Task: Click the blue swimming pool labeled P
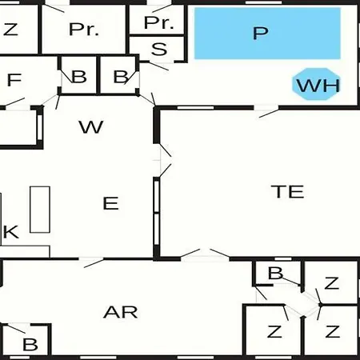(267, 34)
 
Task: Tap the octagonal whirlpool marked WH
(316, 84)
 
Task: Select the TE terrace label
(287, 191)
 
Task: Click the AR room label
(121, 312)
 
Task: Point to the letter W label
(91, 127)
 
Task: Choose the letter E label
(110, 203)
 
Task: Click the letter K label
(10, 232)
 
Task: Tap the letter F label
(14, 79)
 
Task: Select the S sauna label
(159, 49)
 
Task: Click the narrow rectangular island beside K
(40, 210)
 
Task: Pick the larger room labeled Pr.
(83, 29)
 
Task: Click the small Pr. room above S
(157, 19)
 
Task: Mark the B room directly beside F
(79, 75)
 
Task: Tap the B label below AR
(30, 345)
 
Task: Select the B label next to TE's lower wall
(275, 273)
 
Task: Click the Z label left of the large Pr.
(10, 30)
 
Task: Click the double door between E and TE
(163, 160)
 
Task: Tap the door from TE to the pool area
(266, 110)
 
